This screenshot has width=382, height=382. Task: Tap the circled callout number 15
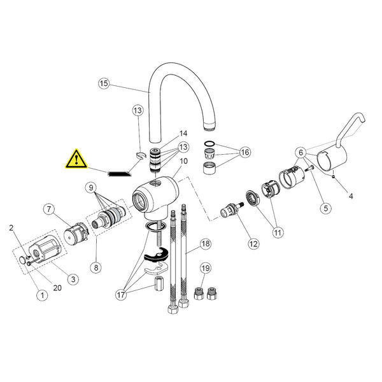pos(104,83)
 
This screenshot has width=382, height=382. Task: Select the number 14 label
pos(183,134)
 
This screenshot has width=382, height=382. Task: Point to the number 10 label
pos(184,161)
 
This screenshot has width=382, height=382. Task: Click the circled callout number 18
pos(206,244)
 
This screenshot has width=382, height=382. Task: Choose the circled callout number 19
pos(206,268)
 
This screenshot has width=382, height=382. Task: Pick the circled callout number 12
pos(253,244)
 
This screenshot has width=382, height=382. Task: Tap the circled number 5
pos(326,208)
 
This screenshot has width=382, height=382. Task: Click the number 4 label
pos(351,196)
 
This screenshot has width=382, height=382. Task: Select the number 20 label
pos(57,288)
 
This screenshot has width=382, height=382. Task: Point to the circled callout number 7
pos(49,209)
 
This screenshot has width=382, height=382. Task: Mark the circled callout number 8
pos(96,267)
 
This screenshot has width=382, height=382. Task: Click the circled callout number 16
pos(245,152)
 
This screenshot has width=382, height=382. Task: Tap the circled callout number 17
pos(121,295)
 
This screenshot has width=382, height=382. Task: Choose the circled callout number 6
pos(301,153)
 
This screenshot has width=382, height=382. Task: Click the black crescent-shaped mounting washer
pos(156,257)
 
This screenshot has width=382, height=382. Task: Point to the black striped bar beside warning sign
pos(119,174)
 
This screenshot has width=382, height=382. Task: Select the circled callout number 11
pos(278,232)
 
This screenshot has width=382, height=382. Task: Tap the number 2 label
pos(11,228)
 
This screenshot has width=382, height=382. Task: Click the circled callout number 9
pos(91,188)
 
